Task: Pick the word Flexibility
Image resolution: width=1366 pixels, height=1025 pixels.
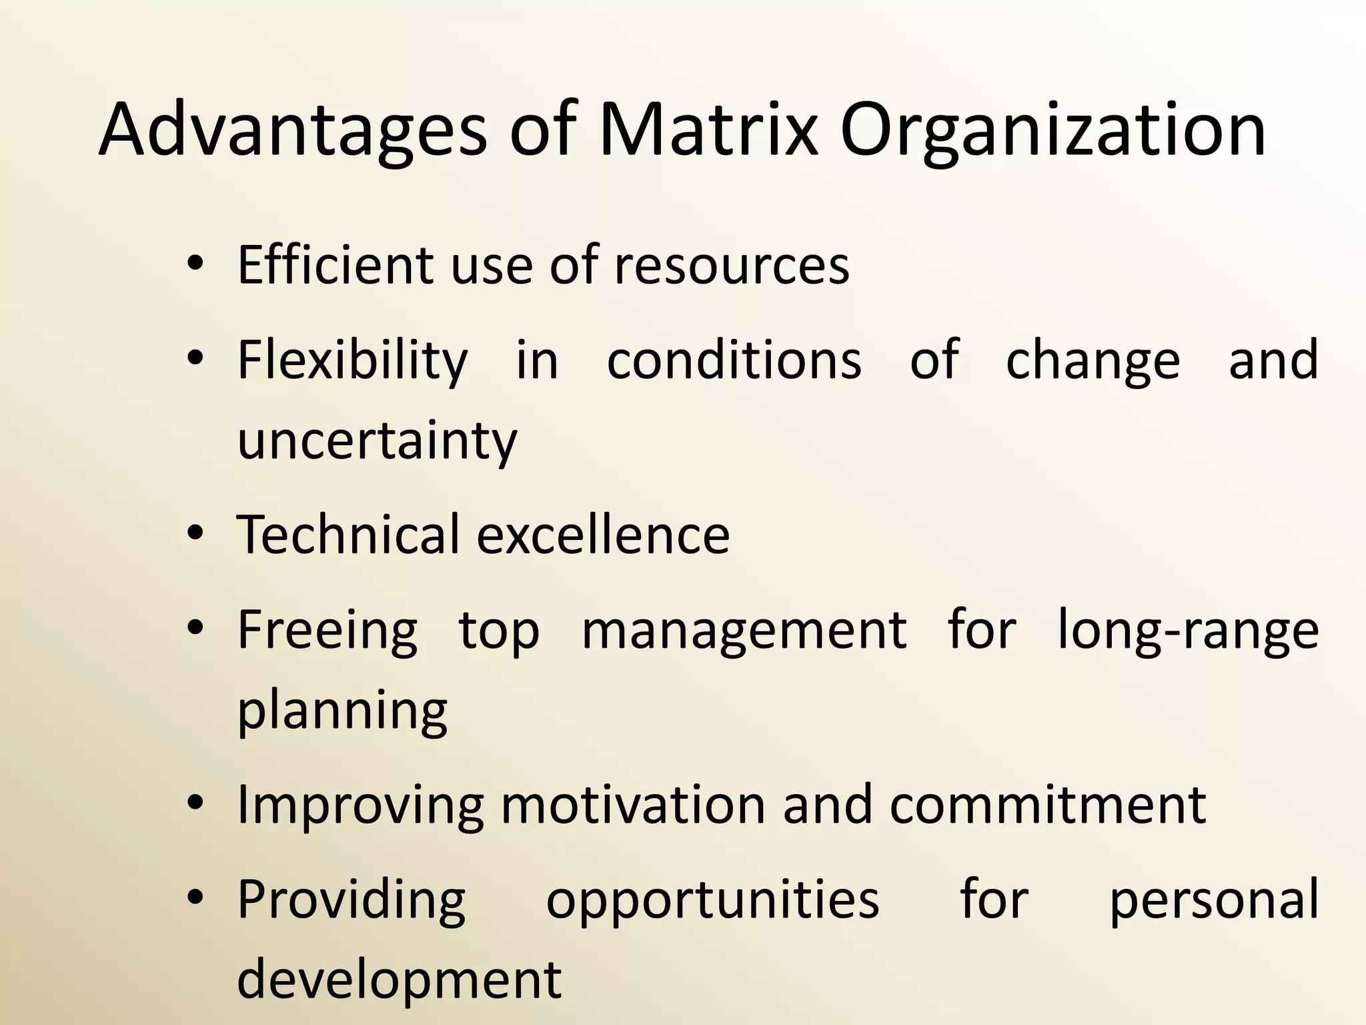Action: click(353, 361)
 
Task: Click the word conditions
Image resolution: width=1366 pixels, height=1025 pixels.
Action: click(734, 360)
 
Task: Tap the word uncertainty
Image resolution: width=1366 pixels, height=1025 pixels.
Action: click(377, 441)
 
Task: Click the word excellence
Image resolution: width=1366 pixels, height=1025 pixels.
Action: click(604, 535)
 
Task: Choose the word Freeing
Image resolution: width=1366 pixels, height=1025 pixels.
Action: click(327, 631)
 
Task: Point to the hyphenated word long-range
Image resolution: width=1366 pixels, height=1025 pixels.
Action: click(1188, 631)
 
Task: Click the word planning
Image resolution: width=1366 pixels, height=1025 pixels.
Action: click(342, 711)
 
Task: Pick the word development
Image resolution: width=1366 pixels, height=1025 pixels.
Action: click(400, 980)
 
